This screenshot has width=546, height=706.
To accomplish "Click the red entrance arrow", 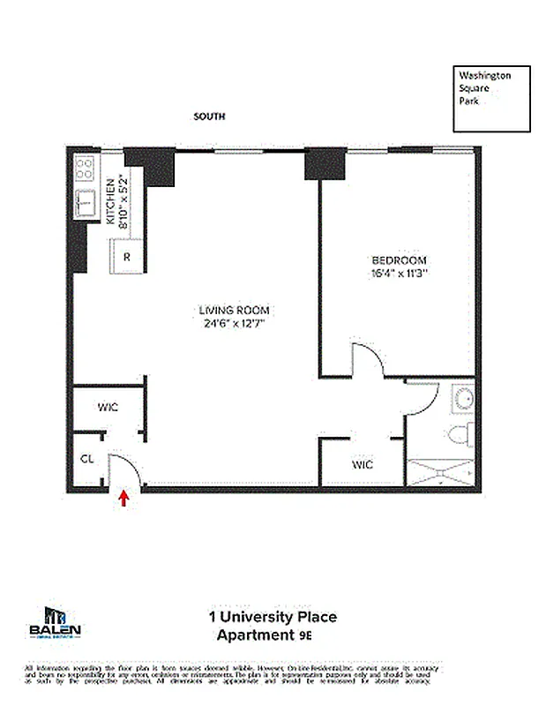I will (x=124, y=499).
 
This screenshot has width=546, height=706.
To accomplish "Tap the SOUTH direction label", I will (x=209, y=116).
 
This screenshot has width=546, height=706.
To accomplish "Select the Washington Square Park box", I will (x=492, y=98).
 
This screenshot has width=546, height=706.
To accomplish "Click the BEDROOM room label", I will (x=399, y=260).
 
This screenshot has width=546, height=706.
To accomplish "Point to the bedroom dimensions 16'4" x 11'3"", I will (x=399, y=274).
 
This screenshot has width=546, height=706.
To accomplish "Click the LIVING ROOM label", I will (x=234, y=311).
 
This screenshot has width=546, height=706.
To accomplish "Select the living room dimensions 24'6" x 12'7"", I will (x=234, y=324).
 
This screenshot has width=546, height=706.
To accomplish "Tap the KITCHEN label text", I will (x=111, y=202).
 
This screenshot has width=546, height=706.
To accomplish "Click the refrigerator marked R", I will (x=127, y=258).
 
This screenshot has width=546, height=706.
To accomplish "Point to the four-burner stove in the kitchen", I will (x=86, y=168).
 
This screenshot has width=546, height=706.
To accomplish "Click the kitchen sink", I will (x=86, y=204).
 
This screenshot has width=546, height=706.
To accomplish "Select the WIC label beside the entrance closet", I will (x=107, y=408).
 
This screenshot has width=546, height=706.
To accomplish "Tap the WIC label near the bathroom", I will (x=362, y=464).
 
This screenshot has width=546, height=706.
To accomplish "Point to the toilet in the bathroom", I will (x=460, y=435).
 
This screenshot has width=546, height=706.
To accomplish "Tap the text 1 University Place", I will (x=272, y=617).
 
